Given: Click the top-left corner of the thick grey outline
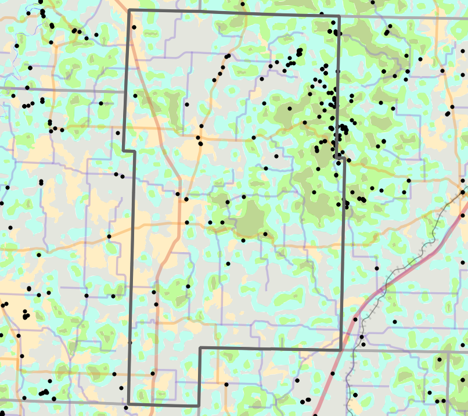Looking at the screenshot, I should click(x=129, y=10).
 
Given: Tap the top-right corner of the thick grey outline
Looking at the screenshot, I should click(x=339, y=16).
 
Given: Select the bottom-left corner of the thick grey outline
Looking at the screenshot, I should click(x=128, y=404).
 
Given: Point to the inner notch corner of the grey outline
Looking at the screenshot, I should click(x=200, y=349).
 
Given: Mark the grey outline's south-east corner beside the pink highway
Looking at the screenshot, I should click(x=340, y=350).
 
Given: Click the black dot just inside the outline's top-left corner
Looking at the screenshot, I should click(x=134, y=27).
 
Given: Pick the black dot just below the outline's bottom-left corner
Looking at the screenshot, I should click(x=126, y=408).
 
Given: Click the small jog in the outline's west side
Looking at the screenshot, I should click(x=129, y=151).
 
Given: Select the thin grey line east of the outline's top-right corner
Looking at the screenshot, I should click(x=406, y=17).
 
